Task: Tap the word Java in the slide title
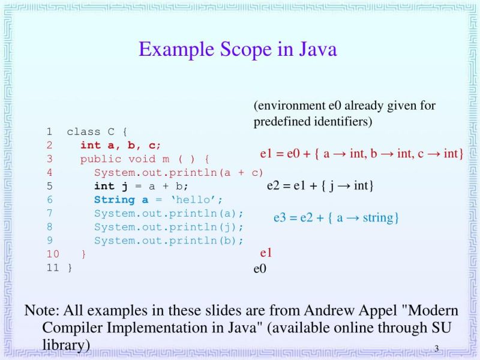(x=316, y=49)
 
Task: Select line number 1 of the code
(x=49, y=131)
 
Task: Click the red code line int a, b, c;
(x=121, y=145)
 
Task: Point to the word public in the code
(x=100, y=159)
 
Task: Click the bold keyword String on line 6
(x=115, y=200)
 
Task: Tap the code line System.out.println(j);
(x=169, y=227)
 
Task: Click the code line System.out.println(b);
(x=169, y=241)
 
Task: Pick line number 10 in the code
(x=52, y=254)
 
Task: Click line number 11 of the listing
(x=52, y=268)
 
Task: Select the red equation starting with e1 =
(x=361, y=154)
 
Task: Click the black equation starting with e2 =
(x=320, y=185)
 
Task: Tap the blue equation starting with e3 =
(x=336, y=217)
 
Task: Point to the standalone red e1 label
(x=266, y=253)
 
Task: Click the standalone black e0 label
(x=260, y=268)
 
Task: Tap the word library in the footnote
(x=66, y=344)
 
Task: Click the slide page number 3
(x=437, y=349)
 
